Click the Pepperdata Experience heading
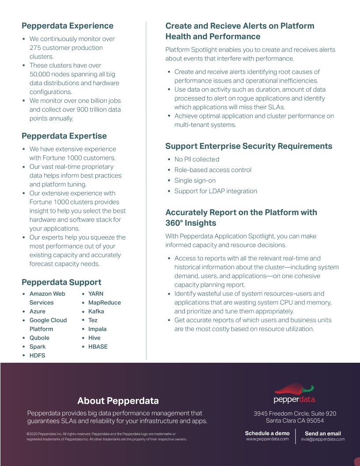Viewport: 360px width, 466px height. tap(67, 26)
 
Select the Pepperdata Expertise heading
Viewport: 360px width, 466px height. tap(64, 136)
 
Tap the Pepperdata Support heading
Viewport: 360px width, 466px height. tap(61, 282)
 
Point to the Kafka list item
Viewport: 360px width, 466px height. tap(96, 312)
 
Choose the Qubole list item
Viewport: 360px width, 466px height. tap(39, 338)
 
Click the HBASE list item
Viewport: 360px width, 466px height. tap(97, 347)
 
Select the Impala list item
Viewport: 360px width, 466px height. tap(97, 329)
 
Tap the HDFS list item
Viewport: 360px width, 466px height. tap(37, 356)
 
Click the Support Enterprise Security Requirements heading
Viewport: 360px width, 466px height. tap(248, 146)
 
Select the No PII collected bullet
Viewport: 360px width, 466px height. tap(196, 159)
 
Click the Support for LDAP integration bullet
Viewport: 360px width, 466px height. tap(215, 191)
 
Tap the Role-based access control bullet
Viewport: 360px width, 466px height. tap(213, 170)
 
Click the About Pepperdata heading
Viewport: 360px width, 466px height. tap(118, 401)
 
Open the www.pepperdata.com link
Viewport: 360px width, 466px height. tap(267, 439)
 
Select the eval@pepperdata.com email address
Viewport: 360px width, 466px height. tap(323, 439)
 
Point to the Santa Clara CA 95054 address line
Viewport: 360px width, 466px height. tap(295, 421)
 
